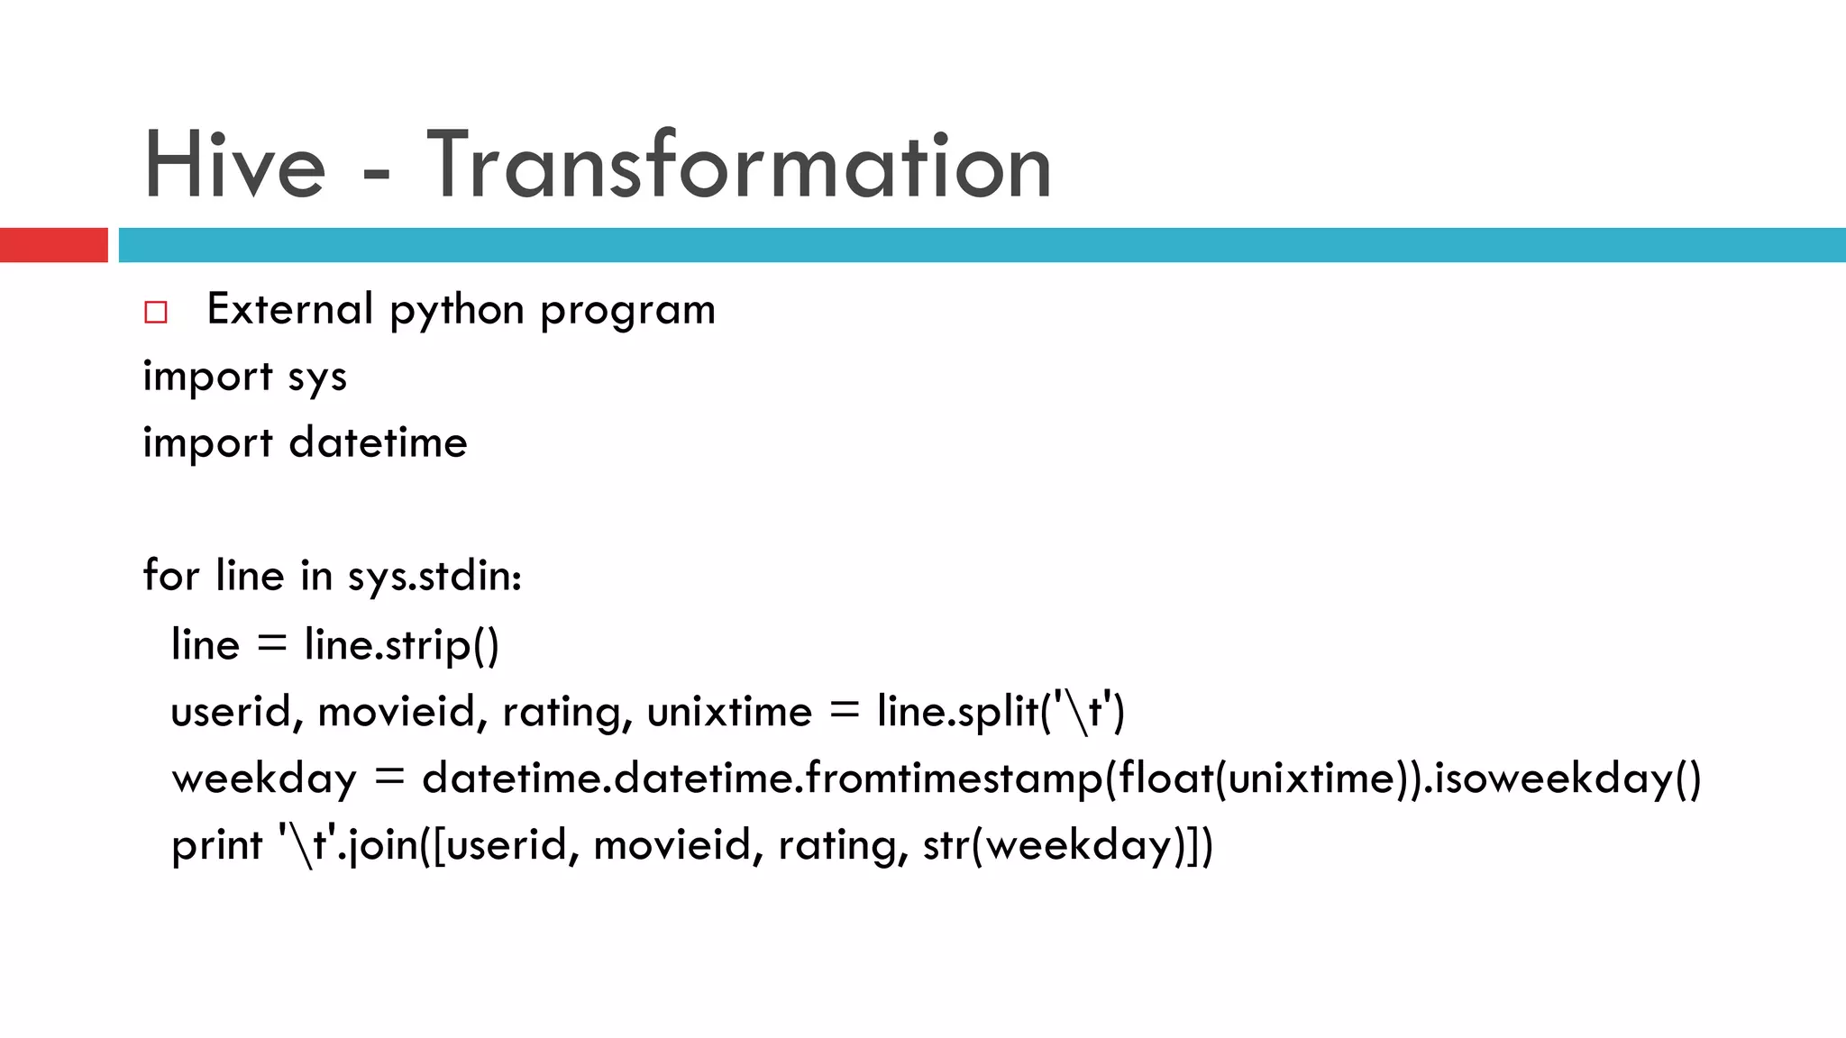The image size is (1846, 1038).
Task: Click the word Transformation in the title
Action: tap(739, 166)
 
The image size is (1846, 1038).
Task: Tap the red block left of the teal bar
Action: tap(53, 245)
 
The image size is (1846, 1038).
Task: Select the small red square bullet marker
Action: tap(156, 313)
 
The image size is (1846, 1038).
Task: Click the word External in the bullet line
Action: tap(289, 310)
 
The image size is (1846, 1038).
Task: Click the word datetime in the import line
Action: tap(378, 443)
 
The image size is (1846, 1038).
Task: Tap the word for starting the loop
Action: tap(170, 576)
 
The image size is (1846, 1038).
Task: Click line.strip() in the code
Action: tap(401, 645)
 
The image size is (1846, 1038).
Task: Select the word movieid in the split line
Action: tap(398, 712)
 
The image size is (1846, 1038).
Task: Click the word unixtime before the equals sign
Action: tap(729, 712)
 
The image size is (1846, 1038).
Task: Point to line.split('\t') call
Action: tap(1001, 712)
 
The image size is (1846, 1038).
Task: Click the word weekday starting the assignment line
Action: tap(264, 778)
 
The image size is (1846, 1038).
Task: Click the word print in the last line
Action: tap(216, 846)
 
